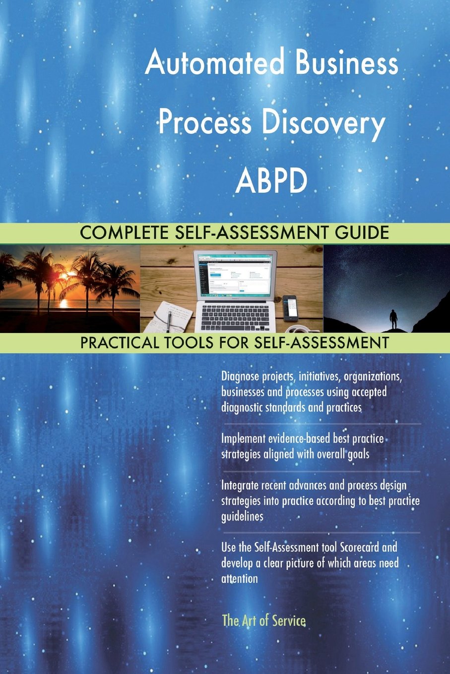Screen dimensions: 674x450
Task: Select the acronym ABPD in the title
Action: [271, 181]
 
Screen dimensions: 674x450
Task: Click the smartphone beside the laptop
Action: [290, 307]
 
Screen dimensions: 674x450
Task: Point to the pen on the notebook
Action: [170, 320]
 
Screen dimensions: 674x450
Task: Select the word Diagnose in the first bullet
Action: [240, 377]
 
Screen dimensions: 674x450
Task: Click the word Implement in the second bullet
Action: [244, 439]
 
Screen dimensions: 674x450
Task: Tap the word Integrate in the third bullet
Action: [240, 485]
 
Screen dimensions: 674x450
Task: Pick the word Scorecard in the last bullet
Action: [359, 548]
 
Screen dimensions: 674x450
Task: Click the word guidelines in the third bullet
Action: [242, 516]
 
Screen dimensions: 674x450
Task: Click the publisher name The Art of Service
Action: [263, 620]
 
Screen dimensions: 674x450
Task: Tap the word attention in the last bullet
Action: [240, 579]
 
